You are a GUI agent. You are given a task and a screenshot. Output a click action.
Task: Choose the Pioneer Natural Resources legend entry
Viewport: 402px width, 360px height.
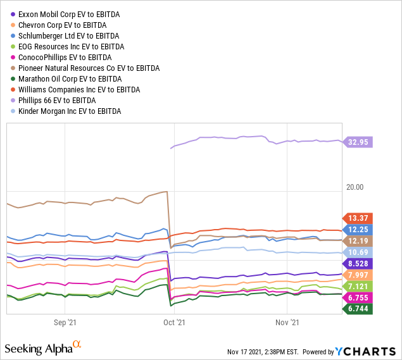[x=88, y=68]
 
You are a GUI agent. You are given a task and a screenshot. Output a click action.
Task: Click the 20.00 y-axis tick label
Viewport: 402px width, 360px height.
[x=355, y=187]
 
